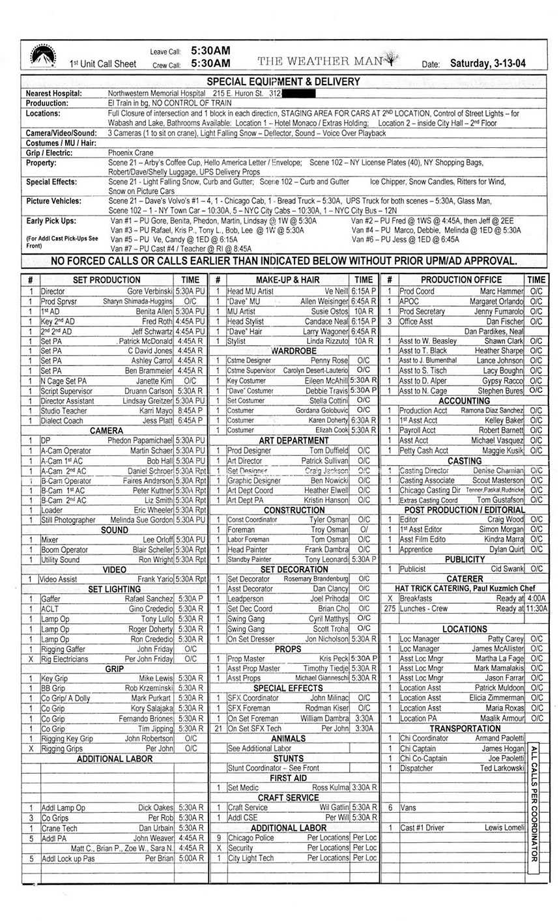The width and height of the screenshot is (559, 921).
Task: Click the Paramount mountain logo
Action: click(43, 55)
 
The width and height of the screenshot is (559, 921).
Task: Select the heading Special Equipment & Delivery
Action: click(283, 81)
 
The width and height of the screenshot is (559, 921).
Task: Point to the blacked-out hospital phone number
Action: click(297, 93)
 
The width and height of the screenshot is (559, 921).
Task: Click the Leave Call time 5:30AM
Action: click(210, 51)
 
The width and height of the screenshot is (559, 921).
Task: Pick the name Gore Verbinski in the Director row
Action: click(149, 291)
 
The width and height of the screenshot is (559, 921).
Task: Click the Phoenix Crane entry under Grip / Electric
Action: click(131, 153)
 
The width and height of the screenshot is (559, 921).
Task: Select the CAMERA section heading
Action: click(106, 431)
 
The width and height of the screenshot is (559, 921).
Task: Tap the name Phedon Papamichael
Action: click(140, 441)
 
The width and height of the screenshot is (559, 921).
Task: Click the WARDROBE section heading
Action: click(293, 350)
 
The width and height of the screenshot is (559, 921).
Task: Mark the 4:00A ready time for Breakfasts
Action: click(537, 599)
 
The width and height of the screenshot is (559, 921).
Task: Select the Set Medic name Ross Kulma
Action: click(330, 787)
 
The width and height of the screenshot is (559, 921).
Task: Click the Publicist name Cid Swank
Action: click(507, 569)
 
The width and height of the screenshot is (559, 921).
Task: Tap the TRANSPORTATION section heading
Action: click(465, 728)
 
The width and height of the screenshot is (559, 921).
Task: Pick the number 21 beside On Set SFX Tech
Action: click(218, 728)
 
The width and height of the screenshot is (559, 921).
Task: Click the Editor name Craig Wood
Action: click(506, 520)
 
